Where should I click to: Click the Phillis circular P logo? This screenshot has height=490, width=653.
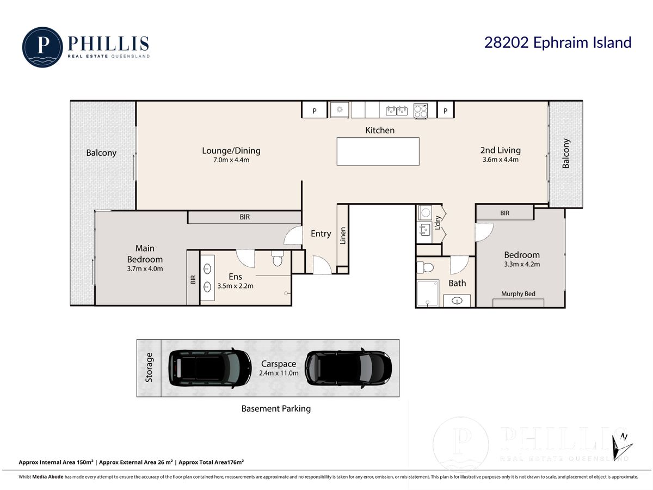(42, 47)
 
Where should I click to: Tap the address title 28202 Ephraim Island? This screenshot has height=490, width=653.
(558, 42)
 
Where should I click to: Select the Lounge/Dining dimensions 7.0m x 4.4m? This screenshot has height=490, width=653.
(231, 160)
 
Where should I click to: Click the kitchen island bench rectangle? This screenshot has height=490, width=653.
(378, 151)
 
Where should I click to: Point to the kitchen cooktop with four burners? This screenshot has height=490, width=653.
(421, 111)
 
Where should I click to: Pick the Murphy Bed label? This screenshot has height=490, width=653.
(518, 293)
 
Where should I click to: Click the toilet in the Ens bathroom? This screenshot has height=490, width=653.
(278, 258)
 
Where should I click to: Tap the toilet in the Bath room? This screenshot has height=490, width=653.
(425, 267)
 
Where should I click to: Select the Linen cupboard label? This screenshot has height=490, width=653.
(343, 236)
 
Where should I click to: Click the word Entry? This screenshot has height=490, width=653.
(321, 234)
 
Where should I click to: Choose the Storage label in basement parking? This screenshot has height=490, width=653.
(149, 367)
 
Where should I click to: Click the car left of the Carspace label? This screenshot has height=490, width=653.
(210, 369)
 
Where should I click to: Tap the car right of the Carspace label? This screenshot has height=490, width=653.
(348, 369)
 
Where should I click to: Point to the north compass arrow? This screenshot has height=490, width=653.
(621, 447)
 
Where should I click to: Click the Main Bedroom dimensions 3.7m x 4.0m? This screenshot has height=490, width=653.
(145, 268)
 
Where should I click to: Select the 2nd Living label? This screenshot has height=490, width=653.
(501, 150)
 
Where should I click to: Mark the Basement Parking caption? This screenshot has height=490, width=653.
(276, 409)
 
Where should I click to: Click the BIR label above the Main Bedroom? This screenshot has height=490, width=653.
(244, 217)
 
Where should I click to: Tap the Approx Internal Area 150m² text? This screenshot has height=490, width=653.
(56, 462)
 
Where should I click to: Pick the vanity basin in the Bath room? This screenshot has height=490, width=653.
(457, 301)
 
